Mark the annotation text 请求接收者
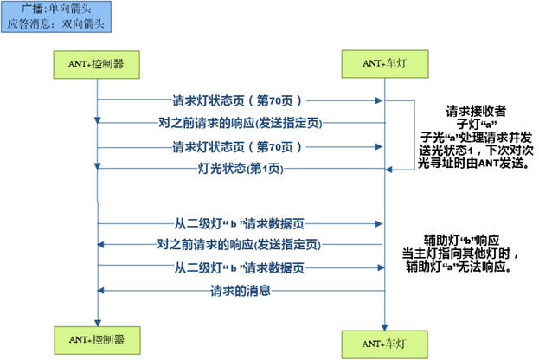[x=475, y=111]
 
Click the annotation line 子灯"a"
[x=475, y=124]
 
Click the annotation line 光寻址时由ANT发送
[x=475, y=162]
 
